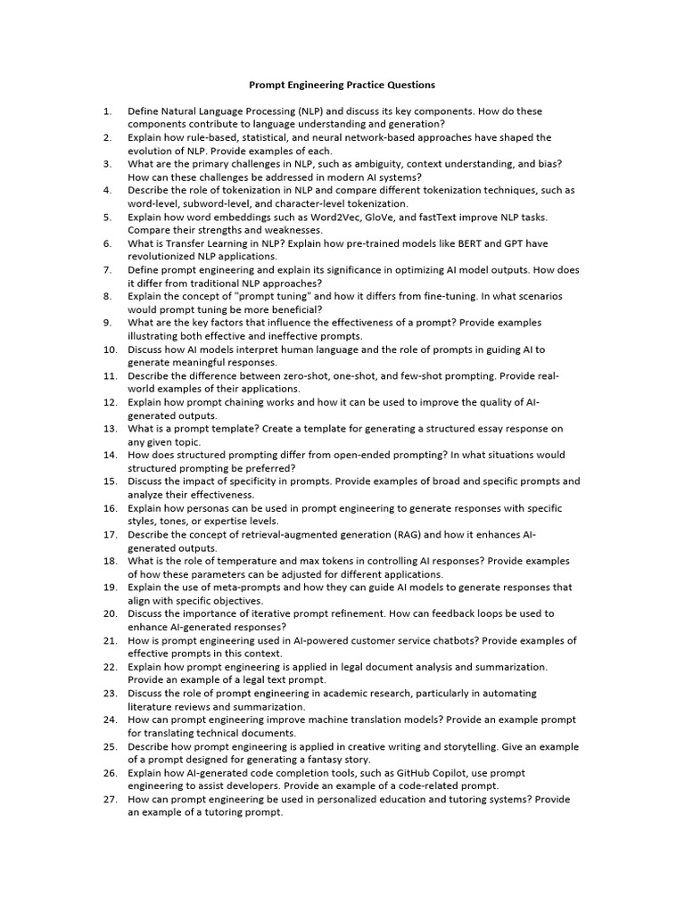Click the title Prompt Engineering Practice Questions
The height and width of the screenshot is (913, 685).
pos(342,85)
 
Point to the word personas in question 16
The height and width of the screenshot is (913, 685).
pos(209,508)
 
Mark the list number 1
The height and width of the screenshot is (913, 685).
pos(107,111)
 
